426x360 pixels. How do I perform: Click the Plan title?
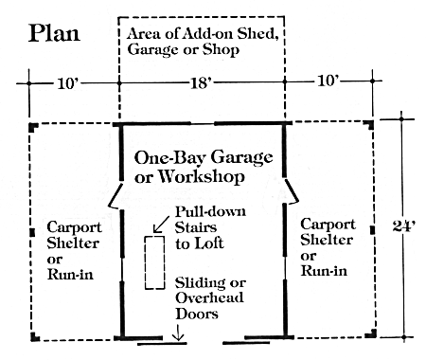(x=54, y=33)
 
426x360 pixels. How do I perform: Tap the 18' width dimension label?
(x=201, y=83)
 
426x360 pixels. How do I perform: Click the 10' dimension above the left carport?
(x=67, y=83)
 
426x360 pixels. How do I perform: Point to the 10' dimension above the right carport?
(x=328, y=81)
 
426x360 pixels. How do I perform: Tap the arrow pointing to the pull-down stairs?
(x=161, y=225)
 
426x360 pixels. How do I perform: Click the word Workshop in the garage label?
(x=201, y=176)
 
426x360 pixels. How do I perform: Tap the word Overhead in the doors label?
(x=209, y=297)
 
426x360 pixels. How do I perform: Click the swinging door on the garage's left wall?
(x=115, y=196)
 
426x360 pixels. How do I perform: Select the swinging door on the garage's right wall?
(x=292, y=190)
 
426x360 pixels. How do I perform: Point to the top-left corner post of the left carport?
(x=33, y=127)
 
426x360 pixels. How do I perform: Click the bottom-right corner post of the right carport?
(x=371, y=333)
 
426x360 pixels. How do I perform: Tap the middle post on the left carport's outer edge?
(x=32, y=233)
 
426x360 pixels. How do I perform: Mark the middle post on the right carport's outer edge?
(x=373, y=230)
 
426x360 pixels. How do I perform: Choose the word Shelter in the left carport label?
(x=73, y=243)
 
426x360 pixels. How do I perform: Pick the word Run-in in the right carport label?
(x=324, y=271)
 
